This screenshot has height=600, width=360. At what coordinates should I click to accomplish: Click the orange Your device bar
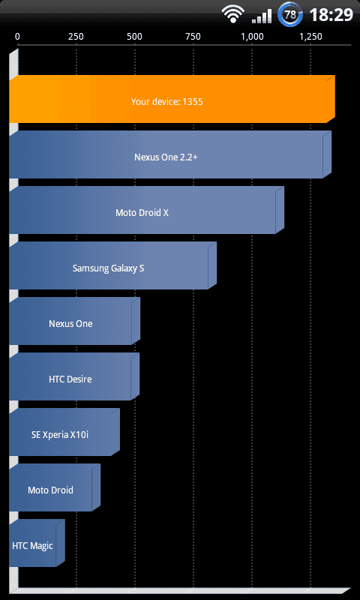coord(172,99)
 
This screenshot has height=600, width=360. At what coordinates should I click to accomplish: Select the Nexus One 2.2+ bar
coord(169,154)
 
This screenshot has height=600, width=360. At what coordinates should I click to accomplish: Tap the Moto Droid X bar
coord(146,210)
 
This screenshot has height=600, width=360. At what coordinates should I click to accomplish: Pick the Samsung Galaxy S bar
coord(112,265)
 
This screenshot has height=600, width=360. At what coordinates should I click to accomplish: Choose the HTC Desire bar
coord(74,376)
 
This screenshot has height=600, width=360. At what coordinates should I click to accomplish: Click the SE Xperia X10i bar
coord(64,432)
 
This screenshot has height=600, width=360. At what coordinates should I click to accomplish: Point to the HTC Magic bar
coord(37,543)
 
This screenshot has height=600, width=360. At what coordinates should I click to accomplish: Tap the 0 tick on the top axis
coord(17,37)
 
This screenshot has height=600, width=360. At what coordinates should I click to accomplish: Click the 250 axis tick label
coord(76,37)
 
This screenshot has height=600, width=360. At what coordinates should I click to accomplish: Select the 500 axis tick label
coord(134,37)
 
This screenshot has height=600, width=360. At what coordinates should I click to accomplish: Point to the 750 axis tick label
coord(193,37)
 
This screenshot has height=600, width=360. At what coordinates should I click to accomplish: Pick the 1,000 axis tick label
coord(252,37)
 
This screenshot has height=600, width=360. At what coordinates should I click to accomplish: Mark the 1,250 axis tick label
coord(310,37)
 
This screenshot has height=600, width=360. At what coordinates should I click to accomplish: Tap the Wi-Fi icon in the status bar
coord(233,14)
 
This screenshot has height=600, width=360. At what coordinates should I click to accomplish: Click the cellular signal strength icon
coord(262,16)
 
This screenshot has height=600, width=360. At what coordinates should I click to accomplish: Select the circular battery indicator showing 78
coord(290,14)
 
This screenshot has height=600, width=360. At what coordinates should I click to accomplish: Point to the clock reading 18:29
coord(331,15)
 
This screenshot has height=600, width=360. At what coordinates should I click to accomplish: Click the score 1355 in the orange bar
coord(193,102)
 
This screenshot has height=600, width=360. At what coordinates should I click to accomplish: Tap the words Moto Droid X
coord(142,213)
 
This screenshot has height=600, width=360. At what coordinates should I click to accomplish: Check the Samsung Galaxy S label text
coord(108,268)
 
